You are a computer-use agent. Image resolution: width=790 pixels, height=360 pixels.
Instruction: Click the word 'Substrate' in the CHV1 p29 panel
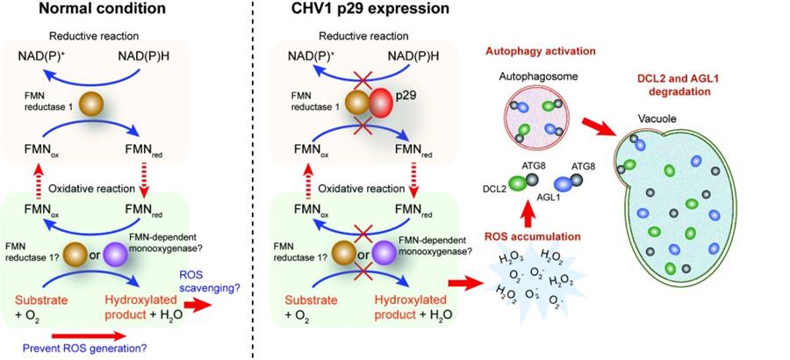click(x=320, y=300)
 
